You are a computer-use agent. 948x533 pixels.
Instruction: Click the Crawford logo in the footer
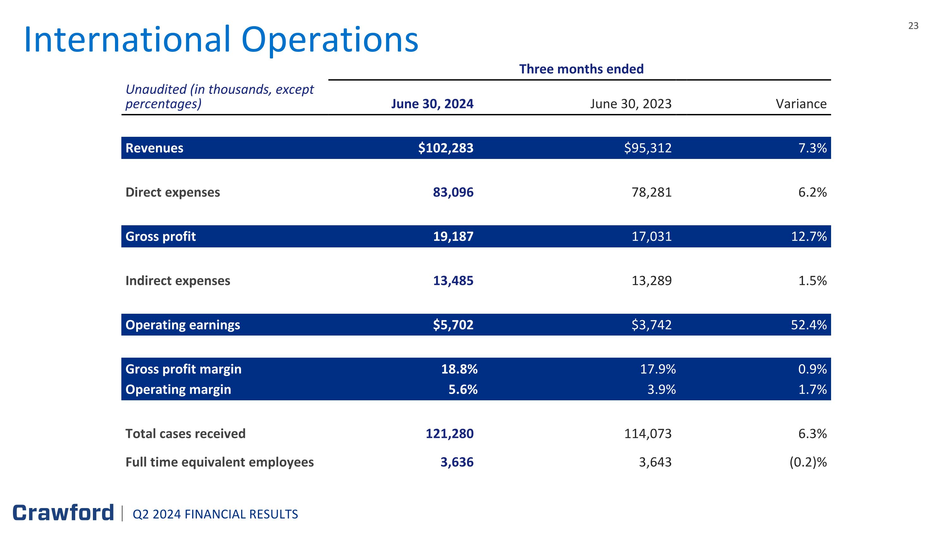pyautogui.click(x=63, y=513)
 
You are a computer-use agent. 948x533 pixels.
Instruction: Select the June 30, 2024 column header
pyautogui.click(x=432, y=104)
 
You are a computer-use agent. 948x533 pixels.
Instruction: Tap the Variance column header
pyautogui.click(x=801, y=104)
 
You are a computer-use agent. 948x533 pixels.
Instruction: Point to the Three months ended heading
pyautogui.click(x=581, y=69)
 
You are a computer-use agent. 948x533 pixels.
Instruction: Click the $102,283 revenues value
pyautogui.click(x=446, y=148)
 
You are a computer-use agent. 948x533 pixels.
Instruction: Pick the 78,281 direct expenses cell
pyautogui.click(x=651, y=192)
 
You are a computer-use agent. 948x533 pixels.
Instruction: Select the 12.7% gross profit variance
pyautogui.click(x=809, y=236)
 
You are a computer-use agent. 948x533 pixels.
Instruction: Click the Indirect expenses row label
pyautogui.click(x=178, y=281)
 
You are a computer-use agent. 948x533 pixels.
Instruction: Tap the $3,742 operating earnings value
pyautogui.click(x=651, y=325)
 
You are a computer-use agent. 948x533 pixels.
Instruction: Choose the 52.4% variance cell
pyautogui.click(x=809, y=325)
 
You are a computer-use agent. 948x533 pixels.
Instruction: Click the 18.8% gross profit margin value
pyautogui.click(x=459, y=369)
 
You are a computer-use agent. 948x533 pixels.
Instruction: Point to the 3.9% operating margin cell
pyautogui.click(x=661, y=389)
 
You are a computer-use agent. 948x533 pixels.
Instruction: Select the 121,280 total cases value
pyautogui.click(x=449, y=434)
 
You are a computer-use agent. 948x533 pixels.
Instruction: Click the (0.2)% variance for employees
pyautogui.click(x=808, y=462)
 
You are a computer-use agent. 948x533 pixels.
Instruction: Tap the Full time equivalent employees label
pyautogui.click(x=220, y=462)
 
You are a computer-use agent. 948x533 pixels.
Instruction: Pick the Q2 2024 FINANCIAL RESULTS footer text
pyautogui.click(x=215, y=514)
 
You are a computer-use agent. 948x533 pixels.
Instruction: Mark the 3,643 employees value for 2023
pyautogui.click(x=655, y=462)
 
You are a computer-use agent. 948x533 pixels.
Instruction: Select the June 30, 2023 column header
pyautogui.click(x=631, y=104)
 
